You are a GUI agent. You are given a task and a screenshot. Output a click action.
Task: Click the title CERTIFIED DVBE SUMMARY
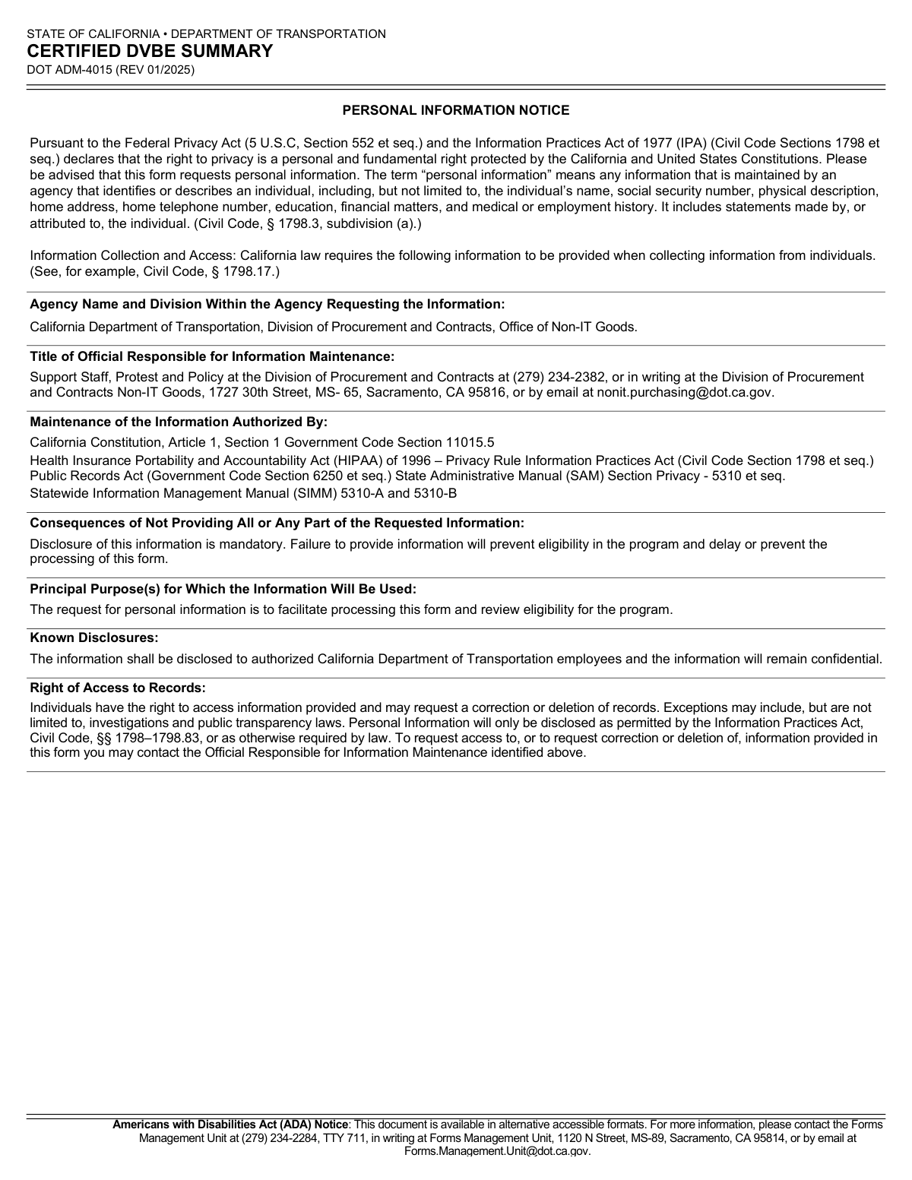point(150,52)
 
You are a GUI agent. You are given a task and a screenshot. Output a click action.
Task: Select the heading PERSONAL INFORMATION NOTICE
point(455,111)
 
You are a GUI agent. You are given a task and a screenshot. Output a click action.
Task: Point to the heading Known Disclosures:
point(94,638)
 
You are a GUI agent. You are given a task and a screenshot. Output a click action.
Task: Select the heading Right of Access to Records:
point(118,688)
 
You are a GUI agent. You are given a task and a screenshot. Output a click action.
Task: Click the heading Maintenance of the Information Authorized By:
point(179,422)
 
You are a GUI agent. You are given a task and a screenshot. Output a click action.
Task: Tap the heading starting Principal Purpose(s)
point(223,590)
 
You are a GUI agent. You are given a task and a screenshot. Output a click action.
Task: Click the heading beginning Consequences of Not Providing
point(277,524)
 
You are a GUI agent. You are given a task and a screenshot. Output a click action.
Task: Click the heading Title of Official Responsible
point(212,357)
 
